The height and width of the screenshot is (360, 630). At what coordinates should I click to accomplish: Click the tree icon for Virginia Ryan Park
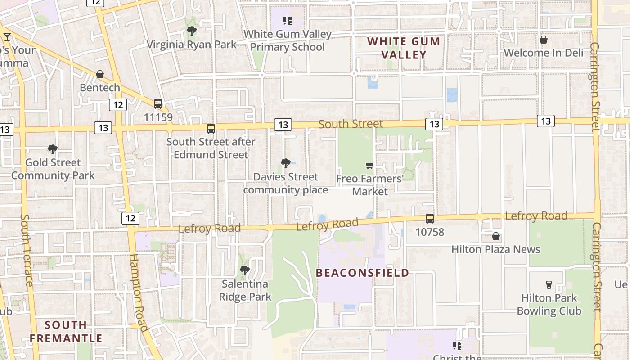click(x=192, y=31)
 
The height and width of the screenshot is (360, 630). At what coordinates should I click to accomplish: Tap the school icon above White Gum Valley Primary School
click(x=287, y=20)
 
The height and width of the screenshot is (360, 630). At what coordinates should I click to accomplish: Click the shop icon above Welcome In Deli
click(x=544, y=40)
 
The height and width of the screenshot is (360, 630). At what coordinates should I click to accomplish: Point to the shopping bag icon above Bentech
click(x=100, y=74)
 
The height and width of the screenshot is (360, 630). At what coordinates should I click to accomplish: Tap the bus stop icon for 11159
click(x=158, y=104)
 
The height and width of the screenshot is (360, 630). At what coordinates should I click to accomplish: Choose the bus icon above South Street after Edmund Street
click(x=211, y=129)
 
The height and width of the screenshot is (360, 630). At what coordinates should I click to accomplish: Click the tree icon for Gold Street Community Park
click(x=53, y=149)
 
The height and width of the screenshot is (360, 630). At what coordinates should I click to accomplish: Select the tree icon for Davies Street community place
click(x=285, y=163)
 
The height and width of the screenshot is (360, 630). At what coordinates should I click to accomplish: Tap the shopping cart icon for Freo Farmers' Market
click(x=370, y=165)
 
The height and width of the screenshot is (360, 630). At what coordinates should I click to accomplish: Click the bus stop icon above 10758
click(x=430, y=219)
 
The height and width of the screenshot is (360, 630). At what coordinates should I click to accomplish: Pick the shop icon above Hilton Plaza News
click(x=496, y=236)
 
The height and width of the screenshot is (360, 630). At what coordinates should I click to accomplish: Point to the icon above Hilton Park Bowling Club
click(x=549, y=284)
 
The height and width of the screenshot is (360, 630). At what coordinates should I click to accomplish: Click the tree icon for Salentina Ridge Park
click(x=245, y=270)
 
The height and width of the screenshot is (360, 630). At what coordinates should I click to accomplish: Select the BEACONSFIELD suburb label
click(x=362, y=273)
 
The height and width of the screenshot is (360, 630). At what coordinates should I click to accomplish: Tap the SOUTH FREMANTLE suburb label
click(x=66, y=332)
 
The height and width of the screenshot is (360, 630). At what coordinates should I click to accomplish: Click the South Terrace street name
click(x=26, y=250)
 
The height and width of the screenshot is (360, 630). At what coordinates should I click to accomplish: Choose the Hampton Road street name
click(x=138, y=292)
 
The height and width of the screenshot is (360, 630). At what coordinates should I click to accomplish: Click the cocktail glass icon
click(x=7, y=36)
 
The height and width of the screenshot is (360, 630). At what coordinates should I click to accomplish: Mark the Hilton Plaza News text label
click(x=495, y=249)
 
